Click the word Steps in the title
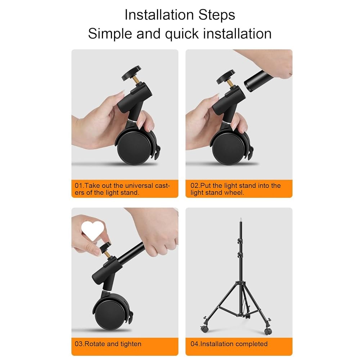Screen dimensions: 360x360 pos(216,15)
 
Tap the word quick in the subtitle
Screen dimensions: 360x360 pos(182,34)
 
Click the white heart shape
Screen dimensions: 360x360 pos(93,230)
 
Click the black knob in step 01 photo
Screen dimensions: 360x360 pos(131,73)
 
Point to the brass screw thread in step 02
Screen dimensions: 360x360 pos(230,84)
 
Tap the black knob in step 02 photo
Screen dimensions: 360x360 pos(226,76)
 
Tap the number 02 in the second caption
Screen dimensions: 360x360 pos(194,185)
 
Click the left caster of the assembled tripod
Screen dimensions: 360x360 pos(205,328)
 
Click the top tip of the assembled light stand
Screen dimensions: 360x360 pos(241,218)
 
